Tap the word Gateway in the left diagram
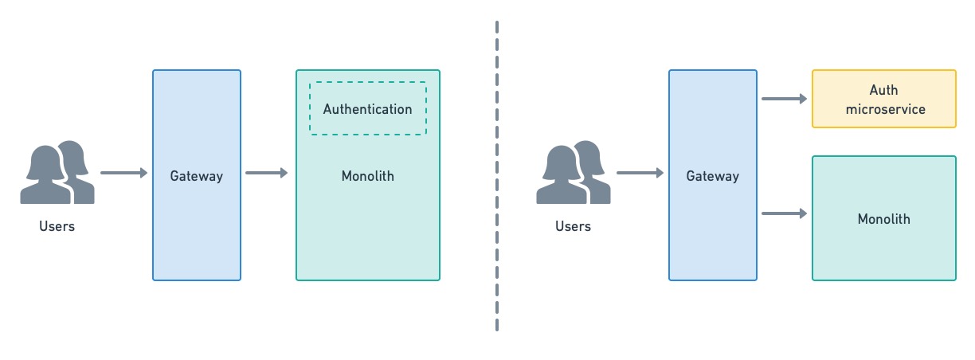(197, 176)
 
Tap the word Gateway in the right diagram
(713, 176)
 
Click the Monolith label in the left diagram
(368, 176)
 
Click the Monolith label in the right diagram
(884, 218)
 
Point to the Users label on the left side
(57, 226)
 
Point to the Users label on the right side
(573, 226)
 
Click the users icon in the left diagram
(57, 173)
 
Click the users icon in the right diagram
(574, 173)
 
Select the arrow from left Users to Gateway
(124, 173)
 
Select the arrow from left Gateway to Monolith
(267, 173)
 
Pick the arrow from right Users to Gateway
(640, 173)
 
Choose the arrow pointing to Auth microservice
(785, 99)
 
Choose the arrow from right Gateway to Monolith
(785, 213)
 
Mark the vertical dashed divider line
(497, 175)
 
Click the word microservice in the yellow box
(884, 109)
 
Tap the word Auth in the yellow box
(884, 91)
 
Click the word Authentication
(368, 109)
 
